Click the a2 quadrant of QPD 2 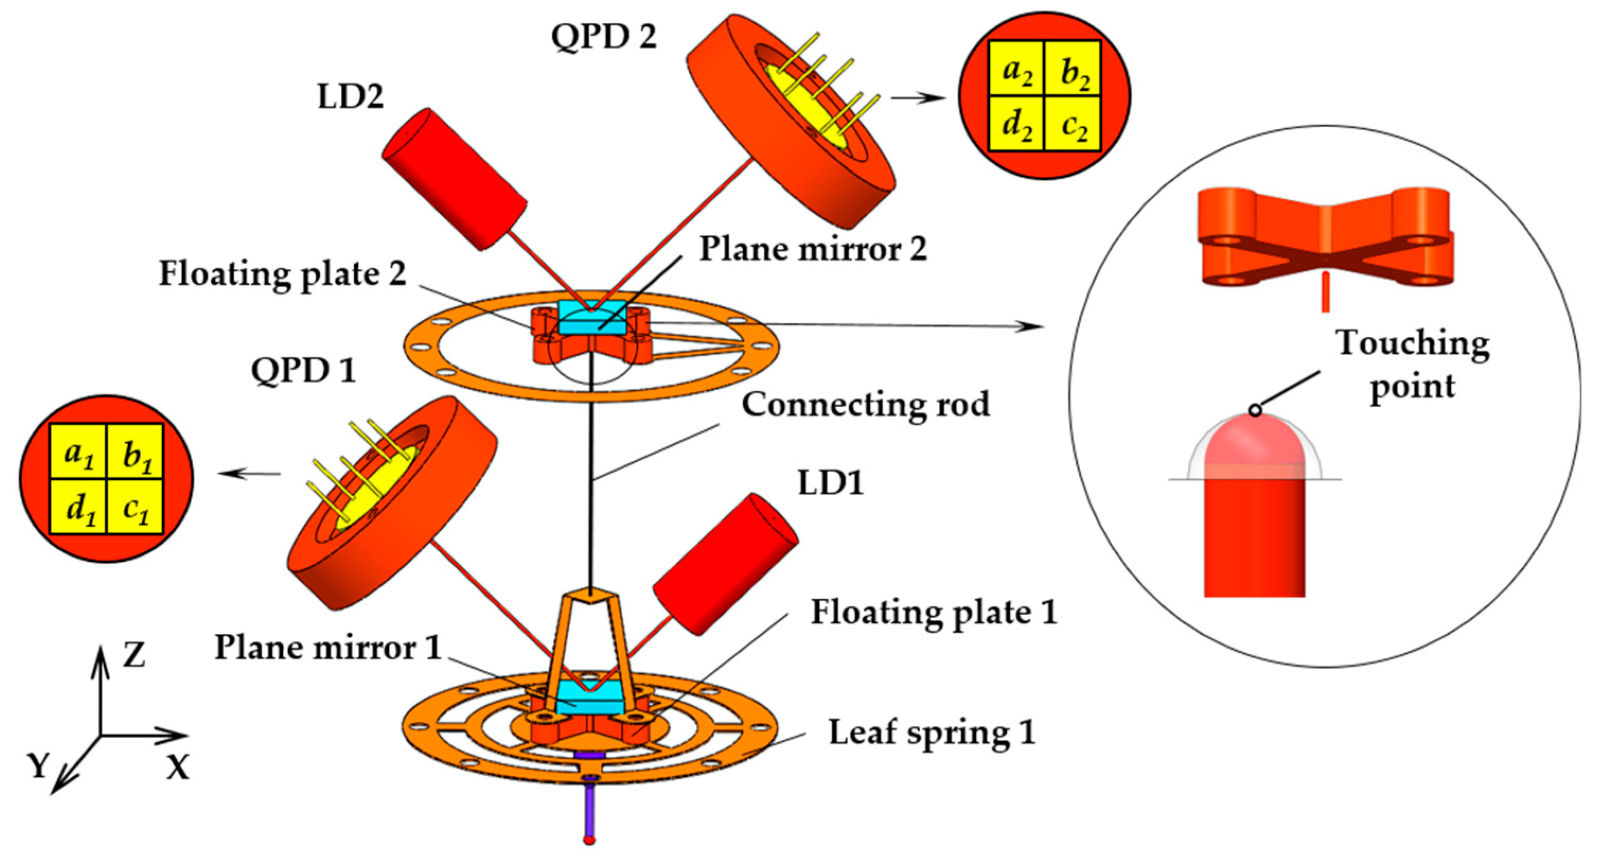[x=1017, y=69]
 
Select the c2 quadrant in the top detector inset [x=1073, y=124]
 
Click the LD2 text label [x=351, y=97]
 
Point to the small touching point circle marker [x=1255, y=410]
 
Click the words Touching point [x=1412, y=364]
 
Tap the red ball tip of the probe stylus [x=589, y=840]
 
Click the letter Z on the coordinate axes [x=134, y=655]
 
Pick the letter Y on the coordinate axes [x=39, y=767]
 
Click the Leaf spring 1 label [x=932, y=733]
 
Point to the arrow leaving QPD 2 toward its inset [x=918, y=98]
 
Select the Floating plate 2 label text [x=283, y=274]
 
